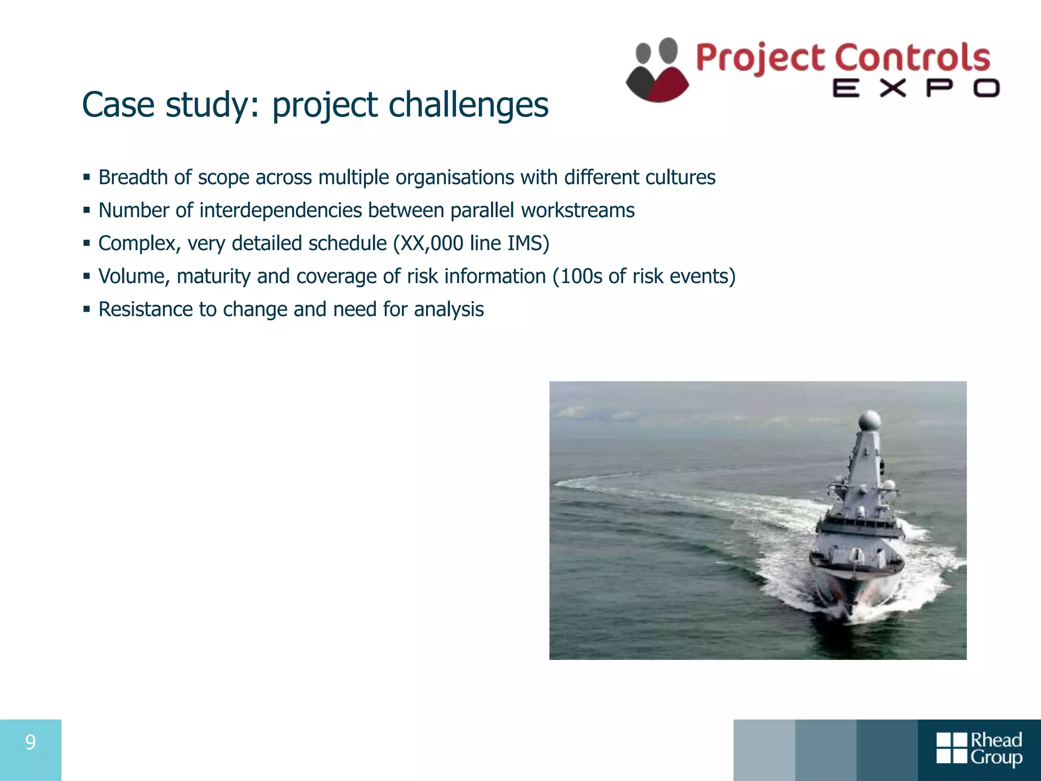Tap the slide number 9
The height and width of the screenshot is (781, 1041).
tap(30, 743)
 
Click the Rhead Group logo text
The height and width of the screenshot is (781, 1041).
tap(996, 748)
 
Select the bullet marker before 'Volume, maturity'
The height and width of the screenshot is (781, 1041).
tap(87, 277)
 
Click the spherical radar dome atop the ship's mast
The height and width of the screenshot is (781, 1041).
tap(869, 422)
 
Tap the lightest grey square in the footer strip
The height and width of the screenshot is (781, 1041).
tap(764, 750)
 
